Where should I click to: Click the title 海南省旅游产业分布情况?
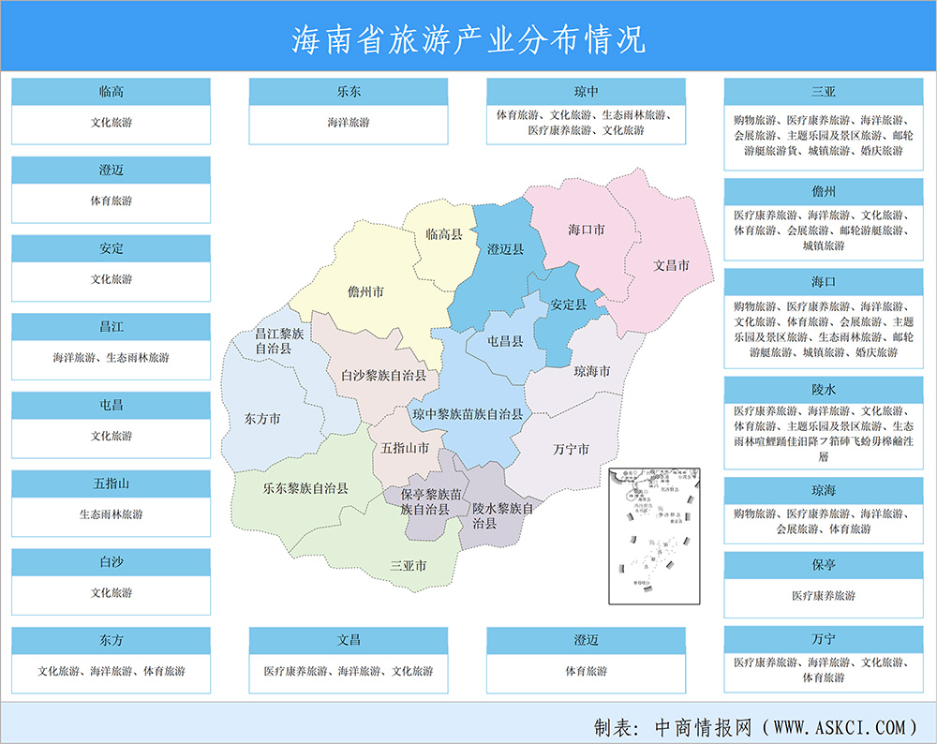coord(468,39)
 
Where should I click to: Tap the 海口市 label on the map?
coord(586,230)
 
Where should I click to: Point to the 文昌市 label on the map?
coord(671,266)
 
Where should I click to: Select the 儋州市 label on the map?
coord(365,292)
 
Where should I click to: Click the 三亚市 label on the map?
coord(408,566)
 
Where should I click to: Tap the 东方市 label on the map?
coord(261,419)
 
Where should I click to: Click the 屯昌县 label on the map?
coord(506,342)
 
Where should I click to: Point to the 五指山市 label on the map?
coord(405,448)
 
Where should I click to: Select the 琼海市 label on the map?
coord(591,372)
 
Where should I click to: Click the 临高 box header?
coord(111,93)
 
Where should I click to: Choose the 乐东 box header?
coord(349,93)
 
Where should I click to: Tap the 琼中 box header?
coord(587,93)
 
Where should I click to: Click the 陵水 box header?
coord(825,388)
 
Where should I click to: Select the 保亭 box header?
coord(825,565)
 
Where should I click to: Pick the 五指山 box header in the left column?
coord(111,484)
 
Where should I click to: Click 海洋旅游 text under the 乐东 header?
coord(349,123)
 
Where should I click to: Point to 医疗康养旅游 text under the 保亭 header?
coord(825,596)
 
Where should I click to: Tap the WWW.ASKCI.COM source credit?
coord(836,726)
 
